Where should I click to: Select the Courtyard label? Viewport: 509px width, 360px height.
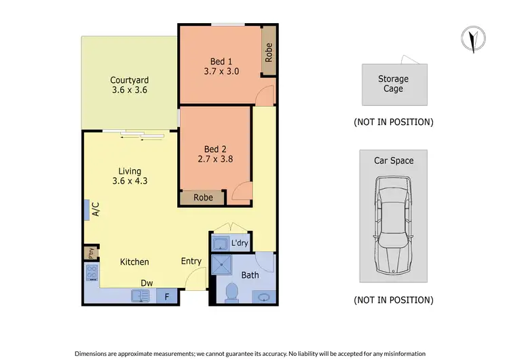coord(130,79)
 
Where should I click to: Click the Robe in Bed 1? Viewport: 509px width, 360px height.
coord(269,53)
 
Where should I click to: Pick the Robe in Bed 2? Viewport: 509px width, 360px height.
coord(204,198)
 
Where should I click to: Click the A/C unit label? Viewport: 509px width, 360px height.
coord(95,211)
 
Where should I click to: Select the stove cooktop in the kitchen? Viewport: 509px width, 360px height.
coord(92,273)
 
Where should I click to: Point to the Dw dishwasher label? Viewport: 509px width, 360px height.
coord(146,283)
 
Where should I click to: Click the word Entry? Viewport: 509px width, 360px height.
coord(191,262)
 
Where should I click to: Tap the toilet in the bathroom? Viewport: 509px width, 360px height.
coord(230,292)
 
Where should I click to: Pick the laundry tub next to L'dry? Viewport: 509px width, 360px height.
coord(221,242)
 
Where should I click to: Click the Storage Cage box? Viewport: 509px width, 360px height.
coord(394,84)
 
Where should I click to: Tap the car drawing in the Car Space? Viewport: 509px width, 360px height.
coord(393,224)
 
